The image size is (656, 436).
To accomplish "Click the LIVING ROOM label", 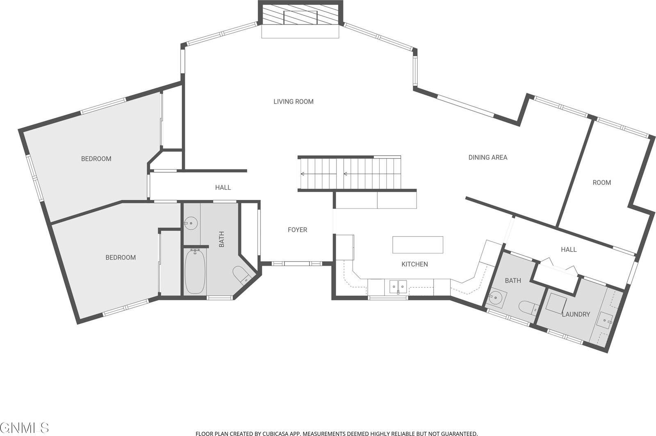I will click(x=293, y=102).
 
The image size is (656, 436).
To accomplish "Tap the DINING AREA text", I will click(x=487, y=157).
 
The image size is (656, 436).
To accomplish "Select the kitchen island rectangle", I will click(x=418, y=245).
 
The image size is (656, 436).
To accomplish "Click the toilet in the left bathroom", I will click(x=241, y=274).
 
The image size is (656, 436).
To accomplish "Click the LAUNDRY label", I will click(x=576, y=314).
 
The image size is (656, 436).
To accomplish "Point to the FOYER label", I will click(x=297, y=230).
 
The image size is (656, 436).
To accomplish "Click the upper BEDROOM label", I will click(x=96, y=159).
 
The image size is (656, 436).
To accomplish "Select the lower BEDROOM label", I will click(x=121, y=258).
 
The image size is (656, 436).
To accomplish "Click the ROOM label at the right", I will click(x=601, y=183).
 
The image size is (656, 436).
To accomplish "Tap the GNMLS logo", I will click(x=25, y=428).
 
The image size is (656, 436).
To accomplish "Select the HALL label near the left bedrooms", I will click(x=223, y=188).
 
